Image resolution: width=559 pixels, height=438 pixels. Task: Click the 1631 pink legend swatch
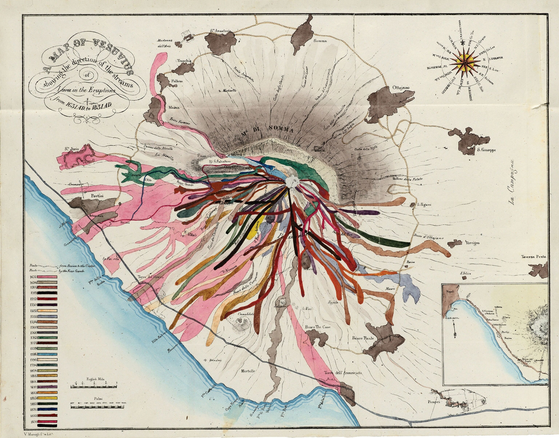(47, 277)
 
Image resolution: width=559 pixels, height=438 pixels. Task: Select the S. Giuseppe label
(486, 150)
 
